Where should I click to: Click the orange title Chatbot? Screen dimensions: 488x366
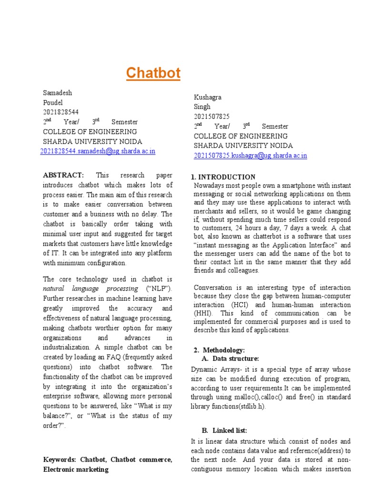click(x=153, y=73)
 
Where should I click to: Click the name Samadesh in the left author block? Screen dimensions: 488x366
click(x=57, y=93)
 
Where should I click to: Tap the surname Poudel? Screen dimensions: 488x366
click(x=53, y=102)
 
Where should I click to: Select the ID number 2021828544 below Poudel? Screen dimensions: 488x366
click(x=61, y=112)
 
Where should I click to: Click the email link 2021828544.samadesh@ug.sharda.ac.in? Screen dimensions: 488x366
click(x=98, y=152)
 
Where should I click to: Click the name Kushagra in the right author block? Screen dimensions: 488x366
click(x=208, y=97)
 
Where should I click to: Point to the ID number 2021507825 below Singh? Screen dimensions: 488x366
click(x=212, y=116)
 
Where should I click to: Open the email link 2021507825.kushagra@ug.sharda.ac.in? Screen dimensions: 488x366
click(x=250, y=156)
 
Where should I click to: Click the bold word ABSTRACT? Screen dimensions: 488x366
click(x=63, y=175)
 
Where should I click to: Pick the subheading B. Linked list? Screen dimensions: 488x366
click(x=224, y=431)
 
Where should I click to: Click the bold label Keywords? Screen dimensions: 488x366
click(x=60, y=460)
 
